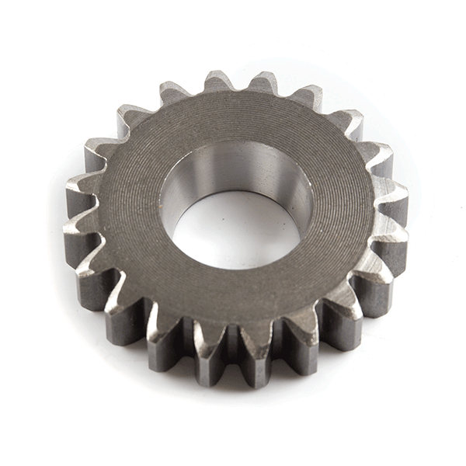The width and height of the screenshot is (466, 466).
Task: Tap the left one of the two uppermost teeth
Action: [x=217, y=81]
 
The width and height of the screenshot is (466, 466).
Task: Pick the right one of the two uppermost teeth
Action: [x=265, y=82]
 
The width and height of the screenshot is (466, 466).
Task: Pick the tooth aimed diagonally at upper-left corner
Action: [x=133, y=117]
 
